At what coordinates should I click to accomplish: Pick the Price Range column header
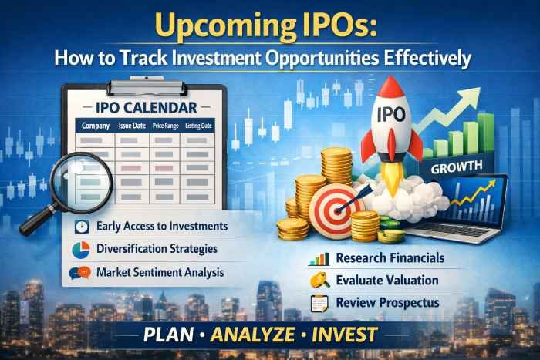[165, 126]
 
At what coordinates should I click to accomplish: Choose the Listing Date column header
[199, 126]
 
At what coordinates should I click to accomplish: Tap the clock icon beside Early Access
[82, 227]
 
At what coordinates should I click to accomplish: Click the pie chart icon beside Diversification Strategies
[82, 250]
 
